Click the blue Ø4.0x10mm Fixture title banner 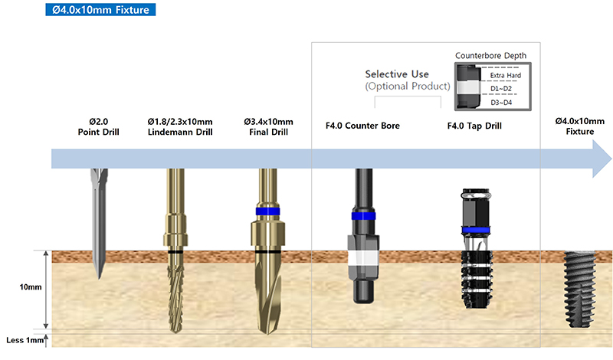[x=100, y=10]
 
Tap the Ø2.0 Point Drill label [x=99, y=126]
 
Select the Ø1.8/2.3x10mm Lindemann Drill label [x=180, y=126]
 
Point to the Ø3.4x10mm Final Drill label [x=269, y=126]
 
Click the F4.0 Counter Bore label [x=362, y=126]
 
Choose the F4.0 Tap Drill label [x=474, y=126]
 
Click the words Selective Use [x=397, y=74]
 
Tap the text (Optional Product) [x=408, y=86]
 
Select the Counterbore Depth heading [x=490, y=55]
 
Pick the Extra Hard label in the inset [x=506, y=75]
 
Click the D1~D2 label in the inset [x=501, y=89]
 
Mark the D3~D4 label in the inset [x=501, y=103]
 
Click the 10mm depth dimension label [x=31, y=287]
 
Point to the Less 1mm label [x=25, y=340]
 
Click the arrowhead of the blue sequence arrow [x=602, y=159]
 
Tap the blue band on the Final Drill [x=267, y=211]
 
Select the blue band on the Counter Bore [x=363, y=216]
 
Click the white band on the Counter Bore [x=363, y=258]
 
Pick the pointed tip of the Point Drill [x=100, y=278]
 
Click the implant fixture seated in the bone [x=579, y=290]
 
